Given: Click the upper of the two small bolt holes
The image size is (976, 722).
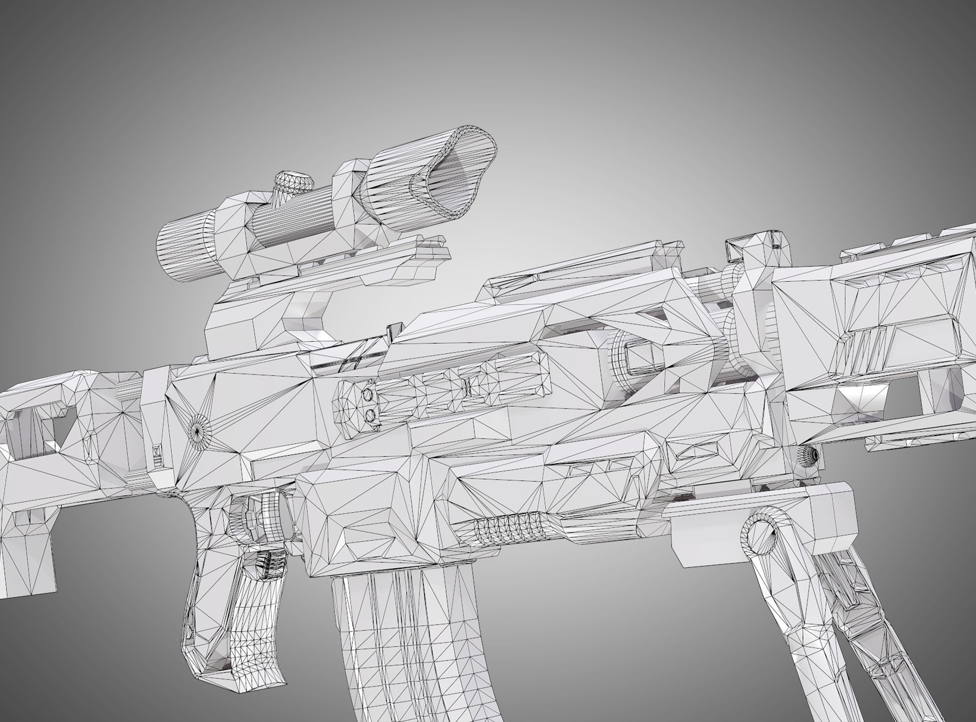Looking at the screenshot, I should [367, 393].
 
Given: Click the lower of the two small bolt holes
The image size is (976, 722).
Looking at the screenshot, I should [369, 414].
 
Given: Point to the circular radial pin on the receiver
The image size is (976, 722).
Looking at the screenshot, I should [199, 429].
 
